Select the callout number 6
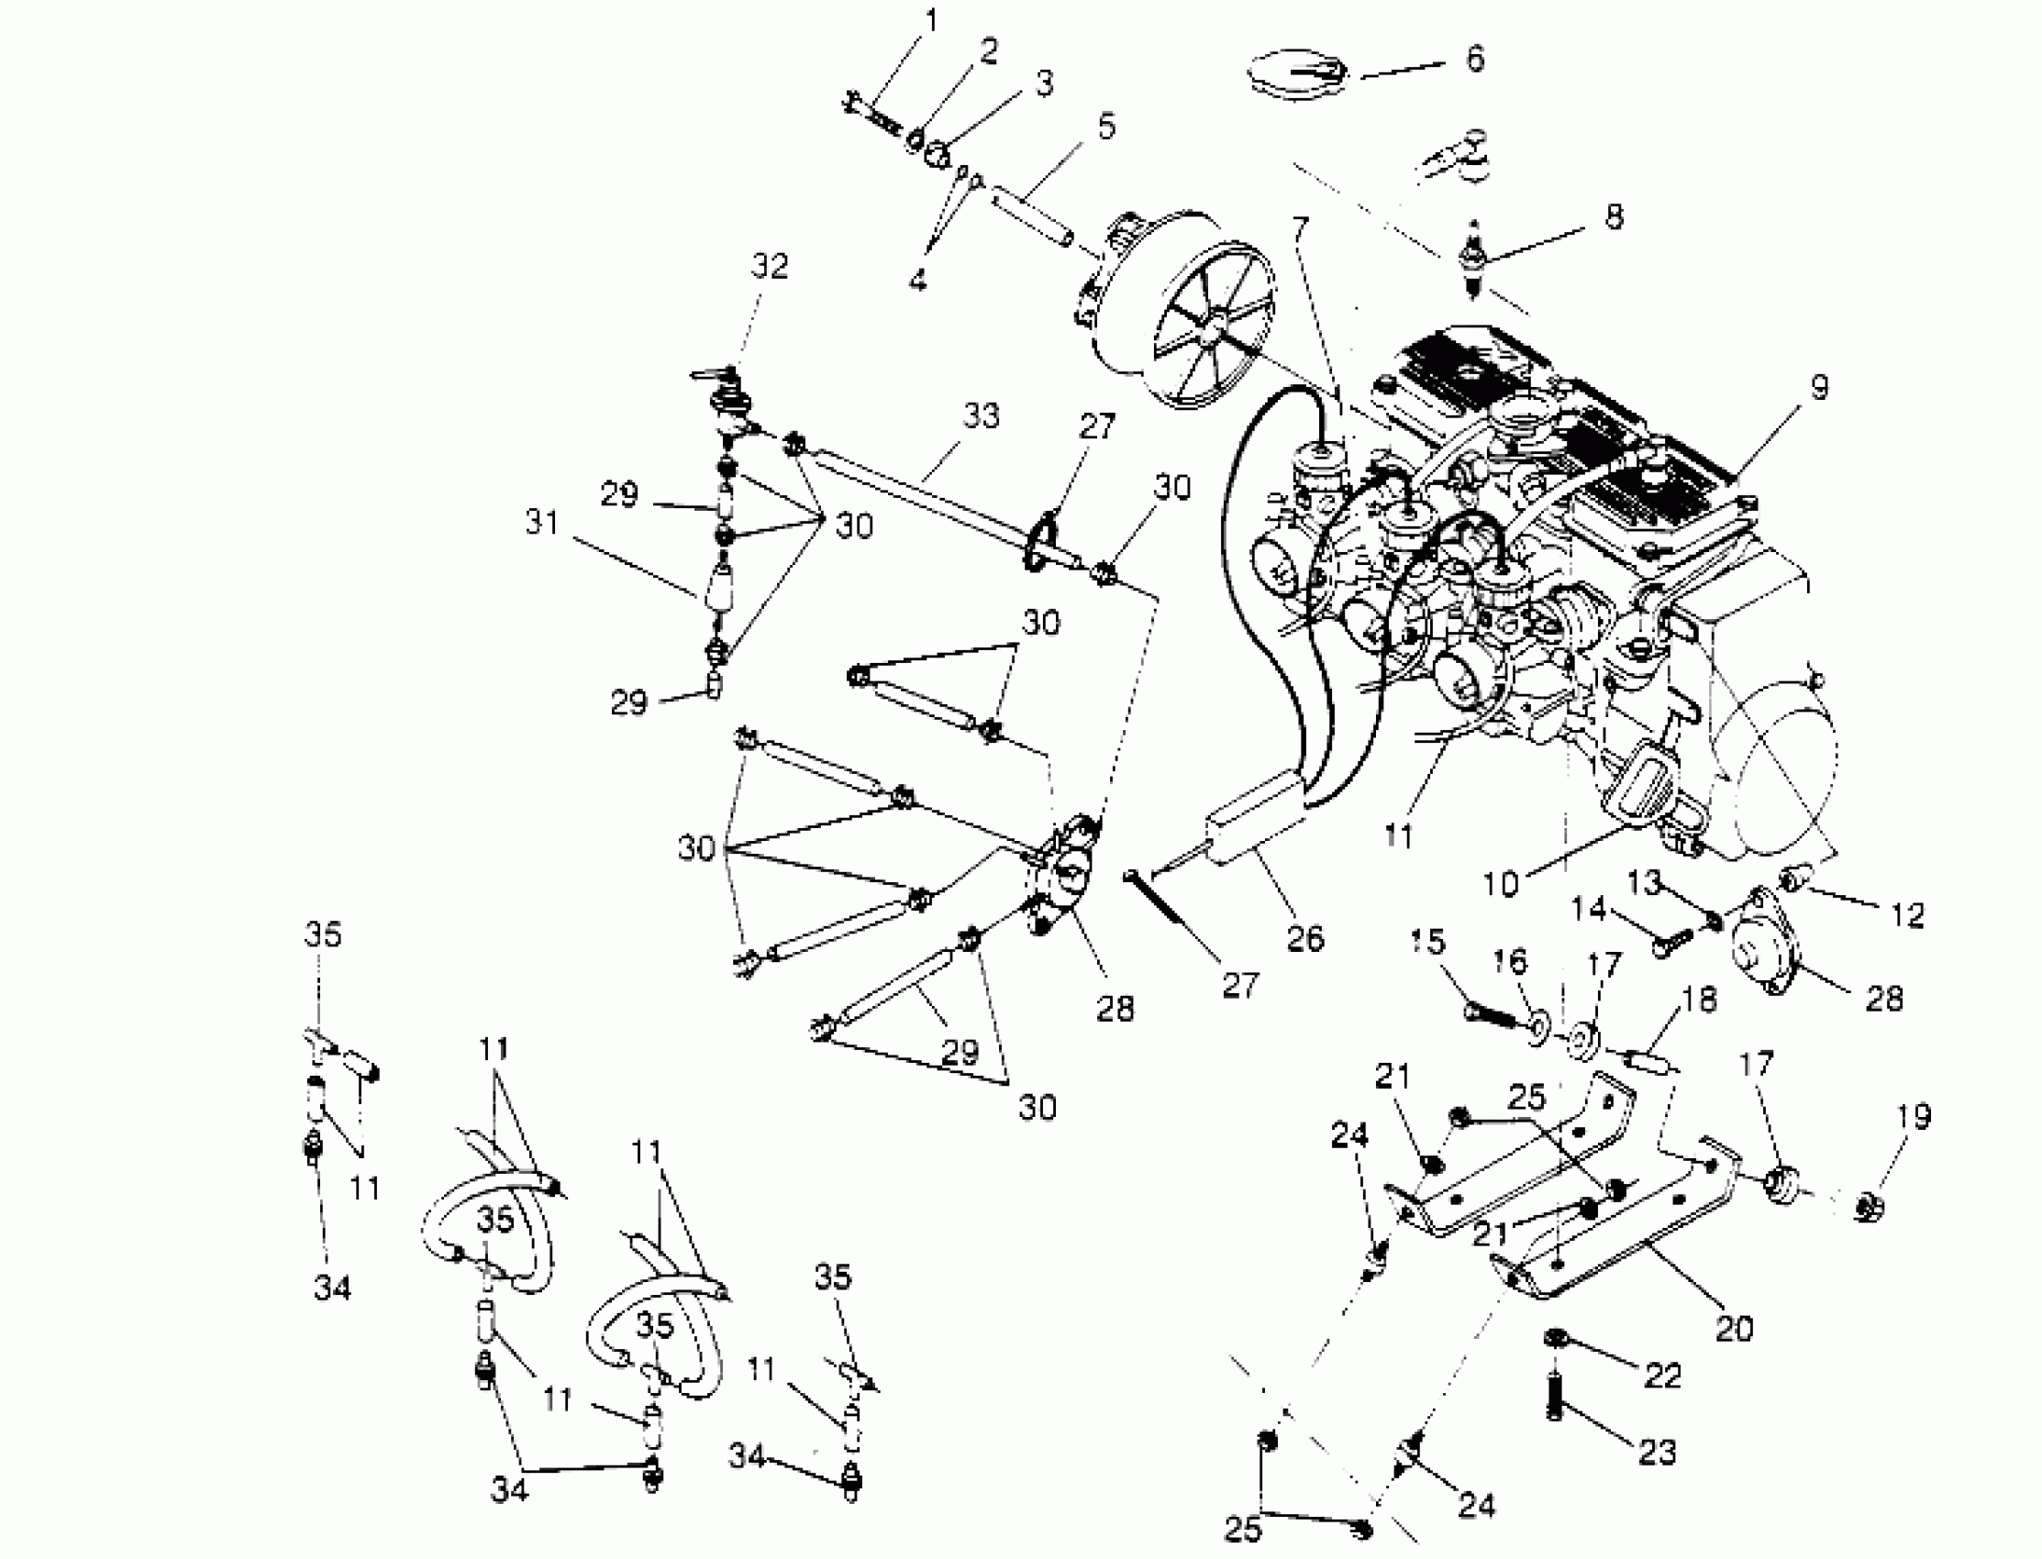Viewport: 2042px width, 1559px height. point(1474,59)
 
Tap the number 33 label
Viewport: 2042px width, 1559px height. point(980,416)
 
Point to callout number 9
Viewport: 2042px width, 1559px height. point(1818,387)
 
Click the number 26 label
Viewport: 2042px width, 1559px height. point(1305,938)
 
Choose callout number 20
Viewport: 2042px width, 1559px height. point(1734,1329)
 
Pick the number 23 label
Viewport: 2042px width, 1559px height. point(1658,1452)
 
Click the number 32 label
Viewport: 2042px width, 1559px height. point(769,266)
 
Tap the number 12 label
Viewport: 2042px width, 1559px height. point(1907,916)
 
